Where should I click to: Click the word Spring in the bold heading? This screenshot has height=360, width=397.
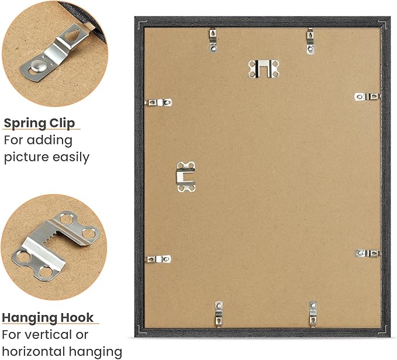(25, 124)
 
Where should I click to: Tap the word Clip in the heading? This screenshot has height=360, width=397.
(62, 123)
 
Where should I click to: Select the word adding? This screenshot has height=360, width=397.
(50, 141)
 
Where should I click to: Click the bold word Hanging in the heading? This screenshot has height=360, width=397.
(28, 319)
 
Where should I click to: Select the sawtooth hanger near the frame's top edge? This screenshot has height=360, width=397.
(264, 68)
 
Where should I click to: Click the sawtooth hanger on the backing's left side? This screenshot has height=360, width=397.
(186, 176)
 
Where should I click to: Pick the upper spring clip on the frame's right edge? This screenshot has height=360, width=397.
(367, 96)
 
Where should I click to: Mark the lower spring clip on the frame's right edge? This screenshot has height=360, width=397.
(368, 253)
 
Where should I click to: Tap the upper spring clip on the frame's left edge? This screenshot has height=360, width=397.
(158, 102)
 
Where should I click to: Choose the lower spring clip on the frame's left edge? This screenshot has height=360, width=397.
(158, 259)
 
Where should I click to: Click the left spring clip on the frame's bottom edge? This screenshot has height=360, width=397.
(219, 314)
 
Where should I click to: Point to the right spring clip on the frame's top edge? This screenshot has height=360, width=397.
(310, 41)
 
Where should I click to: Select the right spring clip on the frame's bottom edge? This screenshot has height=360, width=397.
(313, 314)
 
